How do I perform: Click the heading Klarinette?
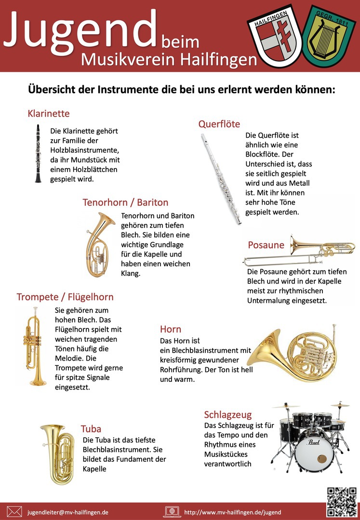pos(49,114)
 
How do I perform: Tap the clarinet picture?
pos(38,154)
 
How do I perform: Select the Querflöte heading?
pos(219,124)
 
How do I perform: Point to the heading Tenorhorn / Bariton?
pos(125,202)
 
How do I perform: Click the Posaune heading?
pos(266,245)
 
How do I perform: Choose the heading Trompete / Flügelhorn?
pos(65,297)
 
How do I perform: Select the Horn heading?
pos(171,329)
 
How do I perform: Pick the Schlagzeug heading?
pos(228,415)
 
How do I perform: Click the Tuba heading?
pos(91,429)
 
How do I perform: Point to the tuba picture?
pos(56,453)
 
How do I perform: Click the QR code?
pos(341,501)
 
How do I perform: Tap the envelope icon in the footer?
pos(14,512)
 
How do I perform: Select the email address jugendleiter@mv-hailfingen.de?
pos(68,512)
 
